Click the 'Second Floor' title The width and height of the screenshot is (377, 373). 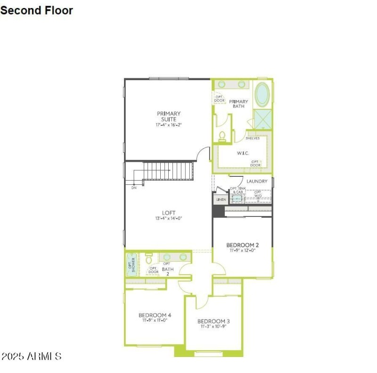pos(36,10)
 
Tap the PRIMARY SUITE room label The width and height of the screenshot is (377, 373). pos(169,116)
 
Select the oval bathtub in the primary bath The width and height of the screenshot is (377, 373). pos(263,95)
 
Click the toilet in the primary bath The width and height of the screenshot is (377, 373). pos(222,136)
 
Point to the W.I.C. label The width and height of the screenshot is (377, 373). pos(242,153)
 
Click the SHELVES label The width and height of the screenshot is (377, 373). pos(253,138)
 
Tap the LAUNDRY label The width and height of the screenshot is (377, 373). pos(257,181)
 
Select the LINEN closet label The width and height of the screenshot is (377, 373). pos(221,200)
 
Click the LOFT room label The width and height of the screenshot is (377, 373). pos(169,213)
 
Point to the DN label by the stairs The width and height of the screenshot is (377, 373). pos(134,187)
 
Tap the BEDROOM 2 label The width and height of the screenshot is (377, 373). pos(242,245)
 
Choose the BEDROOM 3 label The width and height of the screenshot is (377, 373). pos(213,321)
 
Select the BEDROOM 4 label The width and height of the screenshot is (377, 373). pos(155,315)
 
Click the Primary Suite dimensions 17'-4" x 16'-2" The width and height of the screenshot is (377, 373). pos(169,125)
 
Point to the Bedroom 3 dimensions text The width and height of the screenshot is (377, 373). pos(213,326)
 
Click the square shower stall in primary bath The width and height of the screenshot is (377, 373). pos(262,119)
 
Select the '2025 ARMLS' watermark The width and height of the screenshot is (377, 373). pos(32,356)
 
